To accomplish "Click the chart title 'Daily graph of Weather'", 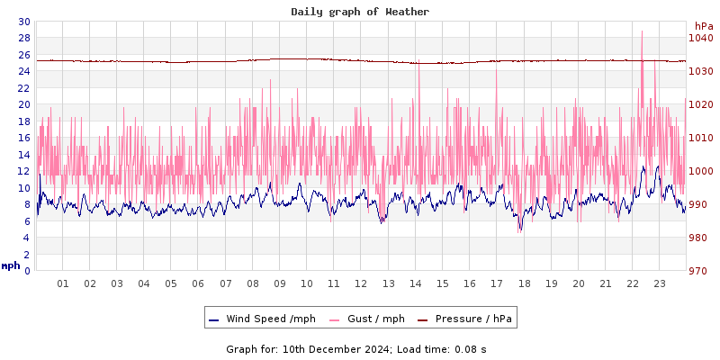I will [x=360, y=12].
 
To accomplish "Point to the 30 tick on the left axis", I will [x=23, y=22].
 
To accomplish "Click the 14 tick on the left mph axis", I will [x=23, y=155].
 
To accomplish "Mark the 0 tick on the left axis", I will [x=26, y=271].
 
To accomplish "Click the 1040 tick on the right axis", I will [x=701, y=38].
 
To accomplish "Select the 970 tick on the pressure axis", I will [x=701, y=271].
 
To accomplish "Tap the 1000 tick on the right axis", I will [x=701, y=171].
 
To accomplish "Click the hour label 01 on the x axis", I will [x=63, y=283].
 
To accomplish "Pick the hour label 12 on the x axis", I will [x=361, y=283].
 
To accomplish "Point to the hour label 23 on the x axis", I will [x=659, y=283].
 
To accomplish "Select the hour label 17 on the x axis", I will [x=496, y=283].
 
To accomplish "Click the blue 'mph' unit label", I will [x=11, y=265].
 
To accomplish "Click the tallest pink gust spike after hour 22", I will [x=642, y=33].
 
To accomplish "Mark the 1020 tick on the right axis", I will [x=701, y=104].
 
